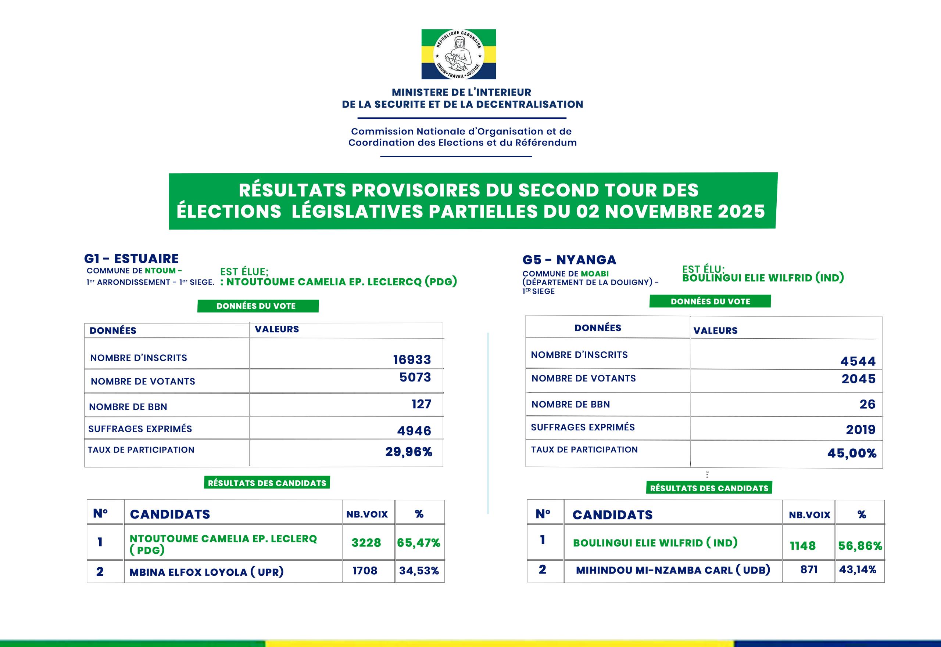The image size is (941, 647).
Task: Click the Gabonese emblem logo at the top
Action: tap(458, 54)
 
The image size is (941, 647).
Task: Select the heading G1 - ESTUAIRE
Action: tap(132, 259)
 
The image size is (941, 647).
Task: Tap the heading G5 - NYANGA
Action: tap(569, 260)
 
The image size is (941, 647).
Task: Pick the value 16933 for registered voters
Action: tap(412, 359)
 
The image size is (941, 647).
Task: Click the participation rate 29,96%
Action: tap(409, 452)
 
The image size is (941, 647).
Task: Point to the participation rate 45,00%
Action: tap(852, 453)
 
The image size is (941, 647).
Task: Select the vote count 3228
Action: tap(366, 543)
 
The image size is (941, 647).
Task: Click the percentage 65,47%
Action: tap(419, 543)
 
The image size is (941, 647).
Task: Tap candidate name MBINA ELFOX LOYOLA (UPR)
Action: tap(206, 572)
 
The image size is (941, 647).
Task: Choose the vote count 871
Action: tap(809, 570)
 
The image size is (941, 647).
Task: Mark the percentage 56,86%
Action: tap(860, 546)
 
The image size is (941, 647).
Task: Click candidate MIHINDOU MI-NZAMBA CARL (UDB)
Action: tap(673, 570)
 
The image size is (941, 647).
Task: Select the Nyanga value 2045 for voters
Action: tap(858, 379)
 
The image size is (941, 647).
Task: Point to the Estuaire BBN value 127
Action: tap(421, 404)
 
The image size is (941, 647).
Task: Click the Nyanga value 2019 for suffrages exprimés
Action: tap(861, 430)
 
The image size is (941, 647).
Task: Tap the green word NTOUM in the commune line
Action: tap(160, 271)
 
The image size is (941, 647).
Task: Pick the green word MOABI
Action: tap(594, 274)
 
